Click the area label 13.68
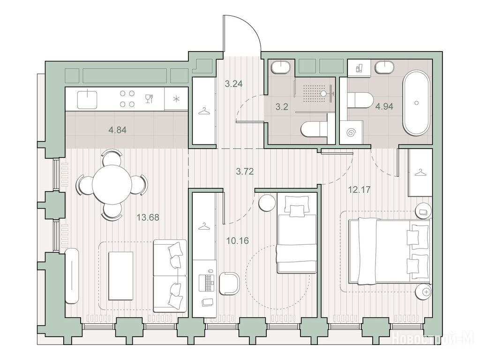pos(148,217)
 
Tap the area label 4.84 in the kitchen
pos(117,130)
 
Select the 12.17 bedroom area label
pos(359,189)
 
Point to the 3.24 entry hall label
pos(233,83)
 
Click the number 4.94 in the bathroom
pos(384,106)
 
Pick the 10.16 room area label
pos(237,240)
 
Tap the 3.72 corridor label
pos(245,172)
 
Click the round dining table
pos(112,184)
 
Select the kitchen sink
pos(87,98)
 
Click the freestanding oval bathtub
pos(416,103)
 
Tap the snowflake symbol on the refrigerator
pos(176,98)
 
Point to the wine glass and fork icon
pos(149,98)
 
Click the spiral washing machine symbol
pos(351,133)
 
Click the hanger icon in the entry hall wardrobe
pos(204,111)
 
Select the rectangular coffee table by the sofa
pos(121,276)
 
